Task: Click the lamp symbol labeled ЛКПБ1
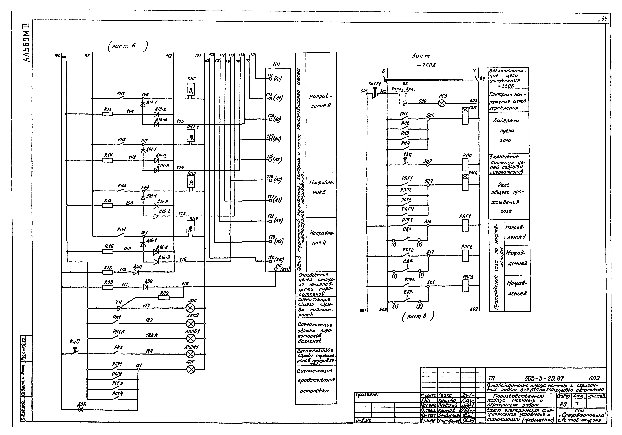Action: (x=191, y=338)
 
